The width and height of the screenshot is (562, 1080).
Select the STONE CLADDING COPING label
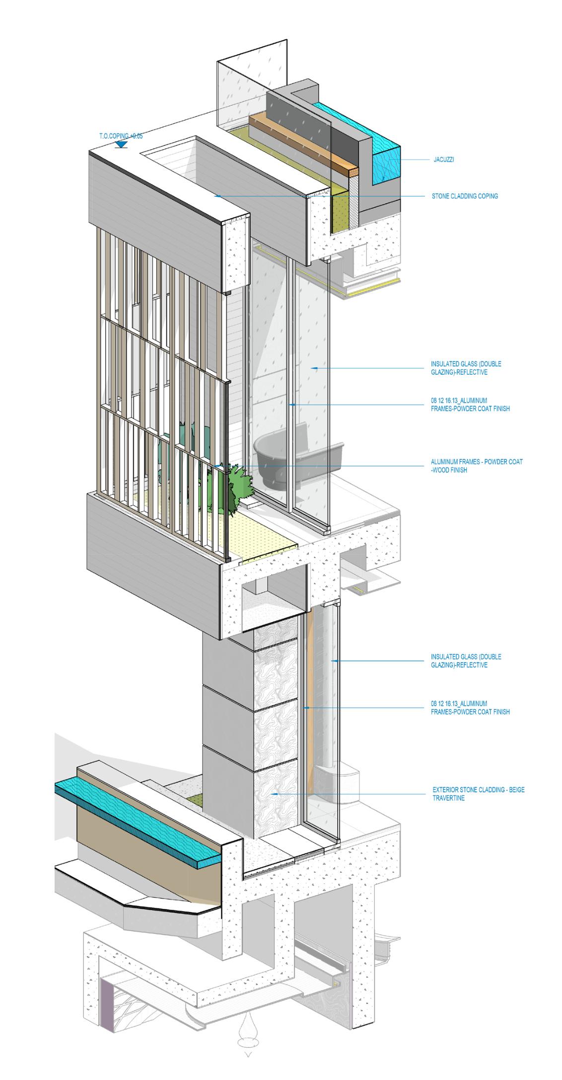click(465, 196)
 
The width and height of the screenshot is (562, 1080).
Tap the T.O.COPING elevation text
click(121, 136)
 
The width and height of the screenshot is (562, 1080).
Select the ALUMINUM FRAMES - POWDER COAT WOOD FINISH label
click(476, 466)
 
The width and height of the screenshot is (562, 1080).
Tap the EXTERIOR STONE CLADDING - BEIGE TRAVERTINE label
click(478, 794)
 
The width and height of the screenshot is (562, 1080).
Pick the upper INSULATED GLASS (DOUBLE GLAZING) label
click(459, 368)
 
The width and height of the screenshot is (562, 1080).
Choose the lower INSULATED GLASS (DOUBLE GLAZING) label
click(459, 661)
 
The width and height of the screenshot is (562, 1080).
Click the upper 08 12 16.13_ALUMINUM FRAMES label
click(470, 405)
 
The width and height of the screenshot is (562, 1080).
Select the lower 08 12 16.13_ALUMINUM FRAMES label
click(470, 708)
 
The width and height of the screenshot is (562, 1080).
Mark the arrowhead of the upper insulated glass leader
click(313, 368)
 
